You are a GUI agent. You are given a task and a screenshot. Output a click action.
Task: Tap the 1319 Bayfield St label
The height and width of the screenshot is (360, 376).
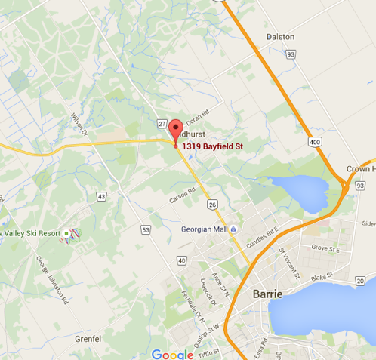coord(213,145)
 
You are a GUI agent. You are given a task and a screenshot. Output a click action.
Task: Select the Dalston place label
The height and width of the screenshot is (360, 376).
coord(280,36)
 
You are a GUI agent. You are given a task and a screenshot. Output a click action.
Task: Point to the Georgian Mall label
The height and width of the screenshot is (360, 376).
coord(204,229)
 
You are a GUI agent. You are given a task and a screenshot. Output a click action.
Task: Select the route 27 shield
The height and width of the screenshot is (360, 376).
coord(162,123)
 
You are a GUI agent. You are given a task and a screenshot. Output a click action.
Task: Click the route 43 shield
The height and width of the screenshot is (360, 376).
coord(101,196)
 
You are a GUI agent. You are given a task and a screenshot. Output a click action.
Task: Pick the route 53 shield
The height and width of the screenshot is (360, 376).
coord(146,229)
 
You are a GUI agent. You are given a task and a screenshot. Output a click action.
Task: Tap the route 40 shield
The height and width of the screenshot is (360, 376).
coord(181,260)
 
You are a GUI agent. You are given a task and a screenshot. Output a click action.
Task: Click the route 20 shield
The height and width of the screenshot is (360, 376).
coord(359,281)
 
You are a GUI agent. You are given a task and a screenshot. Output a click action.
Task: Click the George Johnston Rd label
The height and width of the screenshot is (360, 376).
coord(51,279)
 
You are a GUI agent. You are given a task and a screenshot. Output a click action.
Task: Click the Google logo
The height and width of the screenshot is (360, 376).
coord(172,353)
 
